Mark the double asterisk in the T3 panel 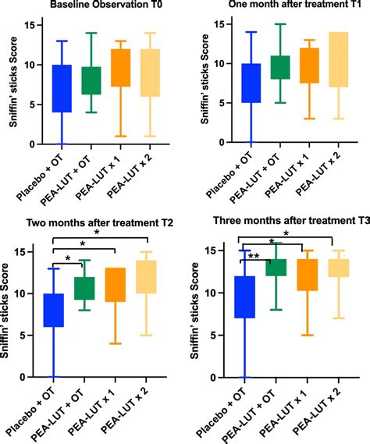tap(254, 256)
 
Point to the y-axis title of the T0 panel tap(12, 78)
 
